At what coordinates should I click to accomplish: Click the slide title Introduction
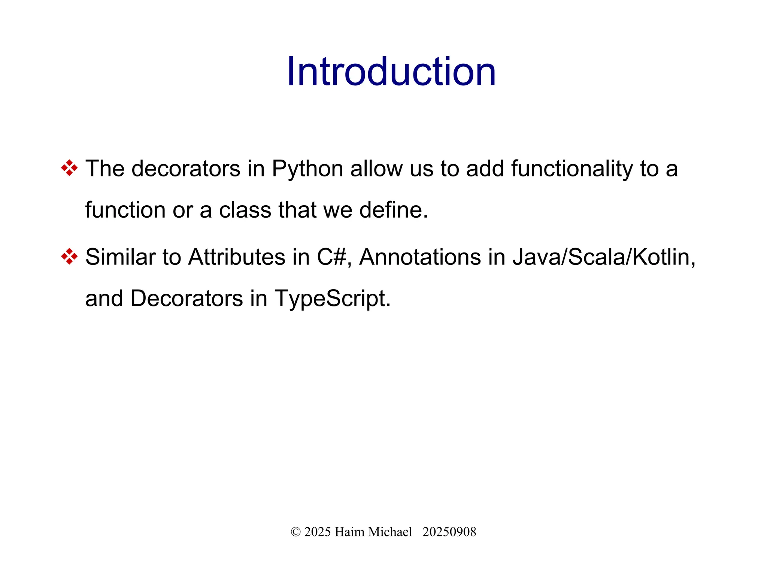pyautogui.click(x=391, y=72)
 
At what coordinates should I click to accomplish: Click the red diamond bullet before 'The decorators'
pyautogui.click(x=69, y=168)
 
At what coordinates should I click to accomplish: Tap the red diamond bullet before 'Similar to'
pyautogui.click(x=69, y=257)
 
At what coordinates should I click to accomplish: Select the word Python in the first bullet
pyautogui.click(x=307, y=169)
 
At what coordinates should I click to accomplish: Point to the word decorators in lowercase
pyautogui.click(x=186, y=169)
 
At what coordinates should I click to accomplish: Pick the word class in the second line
pyautogui.click(x=245, y=210)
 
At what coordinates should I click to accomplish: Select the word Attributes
pyautogui.click(x=237, y=257)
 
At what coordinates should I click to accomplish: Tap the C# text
pyautogui.click(x=331, y=257)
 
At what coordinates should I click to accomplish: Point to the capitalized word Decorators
pyautogui.click(x=187, y=299)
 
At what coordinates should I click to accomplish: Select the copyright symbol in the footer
pyautogui.click(x=295, y=532)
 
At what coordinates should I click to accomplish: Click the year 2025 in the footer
pyautogui.click(x=318, y=532)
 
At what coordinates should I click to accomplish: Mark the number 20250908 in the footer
pyautogui.click(x=449, y=532)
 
